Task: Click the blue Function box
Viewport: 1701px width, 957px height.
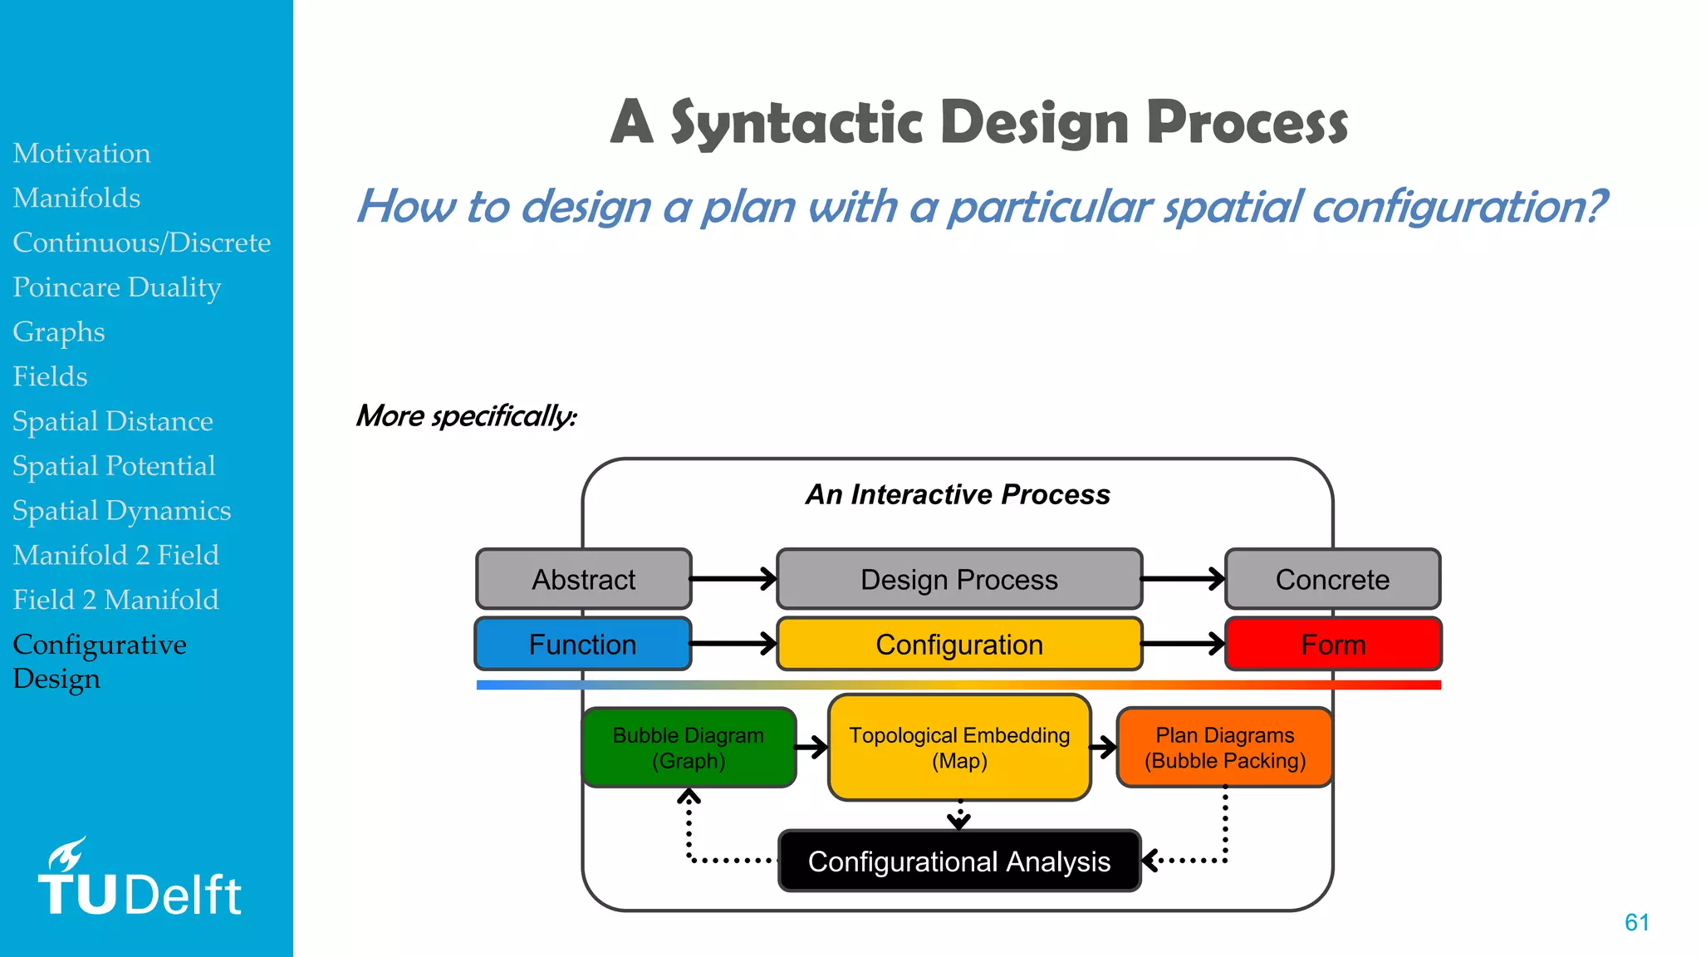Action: click(582, 644)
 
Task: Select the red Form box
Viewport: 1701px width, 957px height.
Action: click(1333, 644)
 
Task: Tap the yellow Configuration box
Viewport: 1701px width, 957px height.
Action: click(958, 644)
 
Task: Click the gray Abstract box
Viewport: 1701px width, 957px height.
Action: click(583, 579)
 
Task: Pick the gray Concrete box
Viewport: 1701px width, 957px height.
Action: click(1332, 579)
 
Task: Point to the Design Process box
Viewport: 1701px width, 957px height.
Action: click(958, 579)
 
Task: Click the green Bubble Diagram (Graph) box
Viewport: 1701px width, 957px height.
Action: click(689, 748)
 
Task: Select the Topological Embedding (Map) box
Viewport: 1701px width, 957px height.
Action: click(958, 748)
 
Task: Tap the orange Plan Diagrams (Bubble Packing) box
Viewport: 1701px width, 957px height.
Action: click(1224, 748)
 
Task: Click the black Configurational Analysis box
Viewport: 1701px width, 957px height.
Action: click(958, 861)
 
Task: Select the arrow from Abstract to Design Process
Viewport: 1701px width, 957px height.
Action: click(733, 579)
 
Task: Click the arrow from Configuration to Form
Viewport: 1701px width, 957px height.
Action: click(1183, 644)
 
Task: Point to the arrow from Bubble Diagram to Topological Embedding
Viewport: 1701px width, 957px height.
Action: click(811, 747)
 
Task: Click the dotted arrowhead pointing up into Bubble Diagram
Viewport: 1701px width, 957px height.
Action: click(689, 797)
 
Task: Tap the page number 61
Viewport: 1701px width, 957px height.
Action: click(1636, 922)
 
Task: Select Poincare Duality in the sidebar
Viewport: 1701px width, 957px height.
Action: click(117, 287)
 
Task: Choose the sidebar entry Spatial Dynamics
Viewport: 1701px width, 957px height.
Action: click(122, 511)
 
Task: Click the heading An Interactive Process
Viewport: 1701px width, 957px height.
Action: click(958, 494)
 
